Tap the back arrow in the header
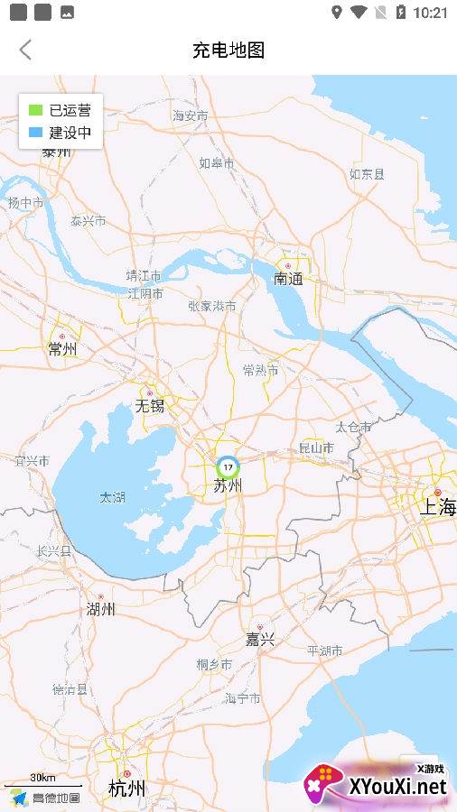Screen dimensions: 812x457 pyautogui.click(x=25, y=50)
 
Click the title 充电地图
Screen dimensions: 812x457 pyautogui.click(x=228, y=50)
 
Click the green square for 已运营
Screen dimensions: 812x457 pyautogui.click(x=35, y=111)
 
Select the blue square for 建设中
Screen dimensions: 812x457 pyautogui.click(x=35, y=133)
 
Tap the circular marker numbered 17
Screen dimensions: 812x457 pyautogui.click(x=228, y=466)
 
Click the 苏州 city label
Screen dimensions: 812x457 pyautogui.click(x=228, y=486)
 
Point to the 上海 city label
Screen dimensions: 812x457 pyautogui.click(x=437, y=507)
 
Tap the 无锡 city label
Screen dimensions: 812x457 pyautogui.click(x=150, y=406)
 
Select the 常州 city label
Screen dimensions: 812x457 pyautogui.click(x=62, y=349)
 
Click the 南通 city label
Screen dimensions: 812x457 pyautogui.click(x=288, y=279)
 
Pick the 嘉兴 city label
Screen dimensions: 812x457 pyautogui.click(x=260, y=640)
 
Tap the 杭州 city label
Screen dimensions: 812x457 pyautogui.click(x=126, y=789)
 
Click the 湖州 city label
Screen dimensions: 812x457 pyautogui.click(x=100, y=609)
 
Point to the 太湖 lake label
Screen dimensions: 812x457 pyautogui.click(x=112, y=497)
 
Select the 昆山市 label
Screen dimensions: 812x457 pyautogui.click(x=316, y=448)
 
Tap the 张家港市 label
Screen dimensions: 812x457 pyautogui.click(x=212, y=306)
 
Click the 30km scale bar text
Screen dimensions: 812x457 pyautogui.click(x=42, y=778)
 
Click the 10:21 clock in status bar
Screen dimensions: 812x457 pyautogui.click(x=429, y=13)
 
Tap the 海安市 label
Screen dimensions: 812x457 pyautogui.click(x=191, y=115)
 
